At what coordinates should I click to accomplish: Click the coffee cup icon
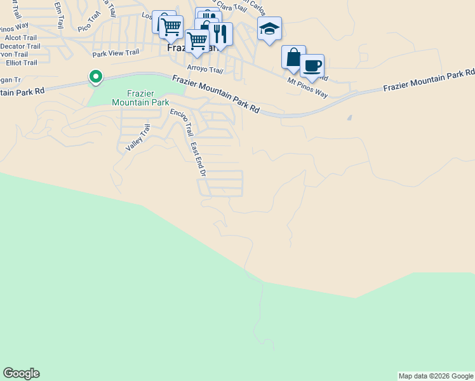coord(312,65)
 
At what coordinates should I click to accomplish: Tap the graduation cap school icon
coord(269,29)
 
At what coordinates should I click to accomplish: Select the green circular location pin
coord(95,77)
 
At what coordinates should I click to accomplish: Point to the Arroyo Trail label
coord(205,69)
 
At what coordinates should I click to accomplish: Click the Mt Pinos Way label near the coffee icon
coord(307,88)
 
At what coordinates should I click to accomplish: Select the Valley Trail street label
coord(137,137)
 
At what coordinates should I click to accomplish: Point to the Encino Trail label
coord(181,121)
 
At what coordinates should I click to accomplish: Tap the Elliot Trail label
coord(22,63)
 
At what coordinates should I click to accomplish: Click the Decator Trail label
coord(20,46)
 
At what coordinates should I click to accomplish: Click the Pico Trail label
coord(90,26)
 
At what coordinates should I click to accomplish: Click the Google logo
coord(21,373)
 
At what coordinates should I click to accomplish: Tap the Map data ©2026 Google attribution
coord(436,376)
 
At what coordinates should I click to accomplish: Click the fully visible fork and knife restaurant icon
coord(220,33)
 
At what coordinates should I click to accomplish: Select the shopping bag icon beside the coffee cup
coord(293,57)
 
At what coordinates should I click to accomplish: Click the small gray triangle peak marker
coord(349,117)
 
